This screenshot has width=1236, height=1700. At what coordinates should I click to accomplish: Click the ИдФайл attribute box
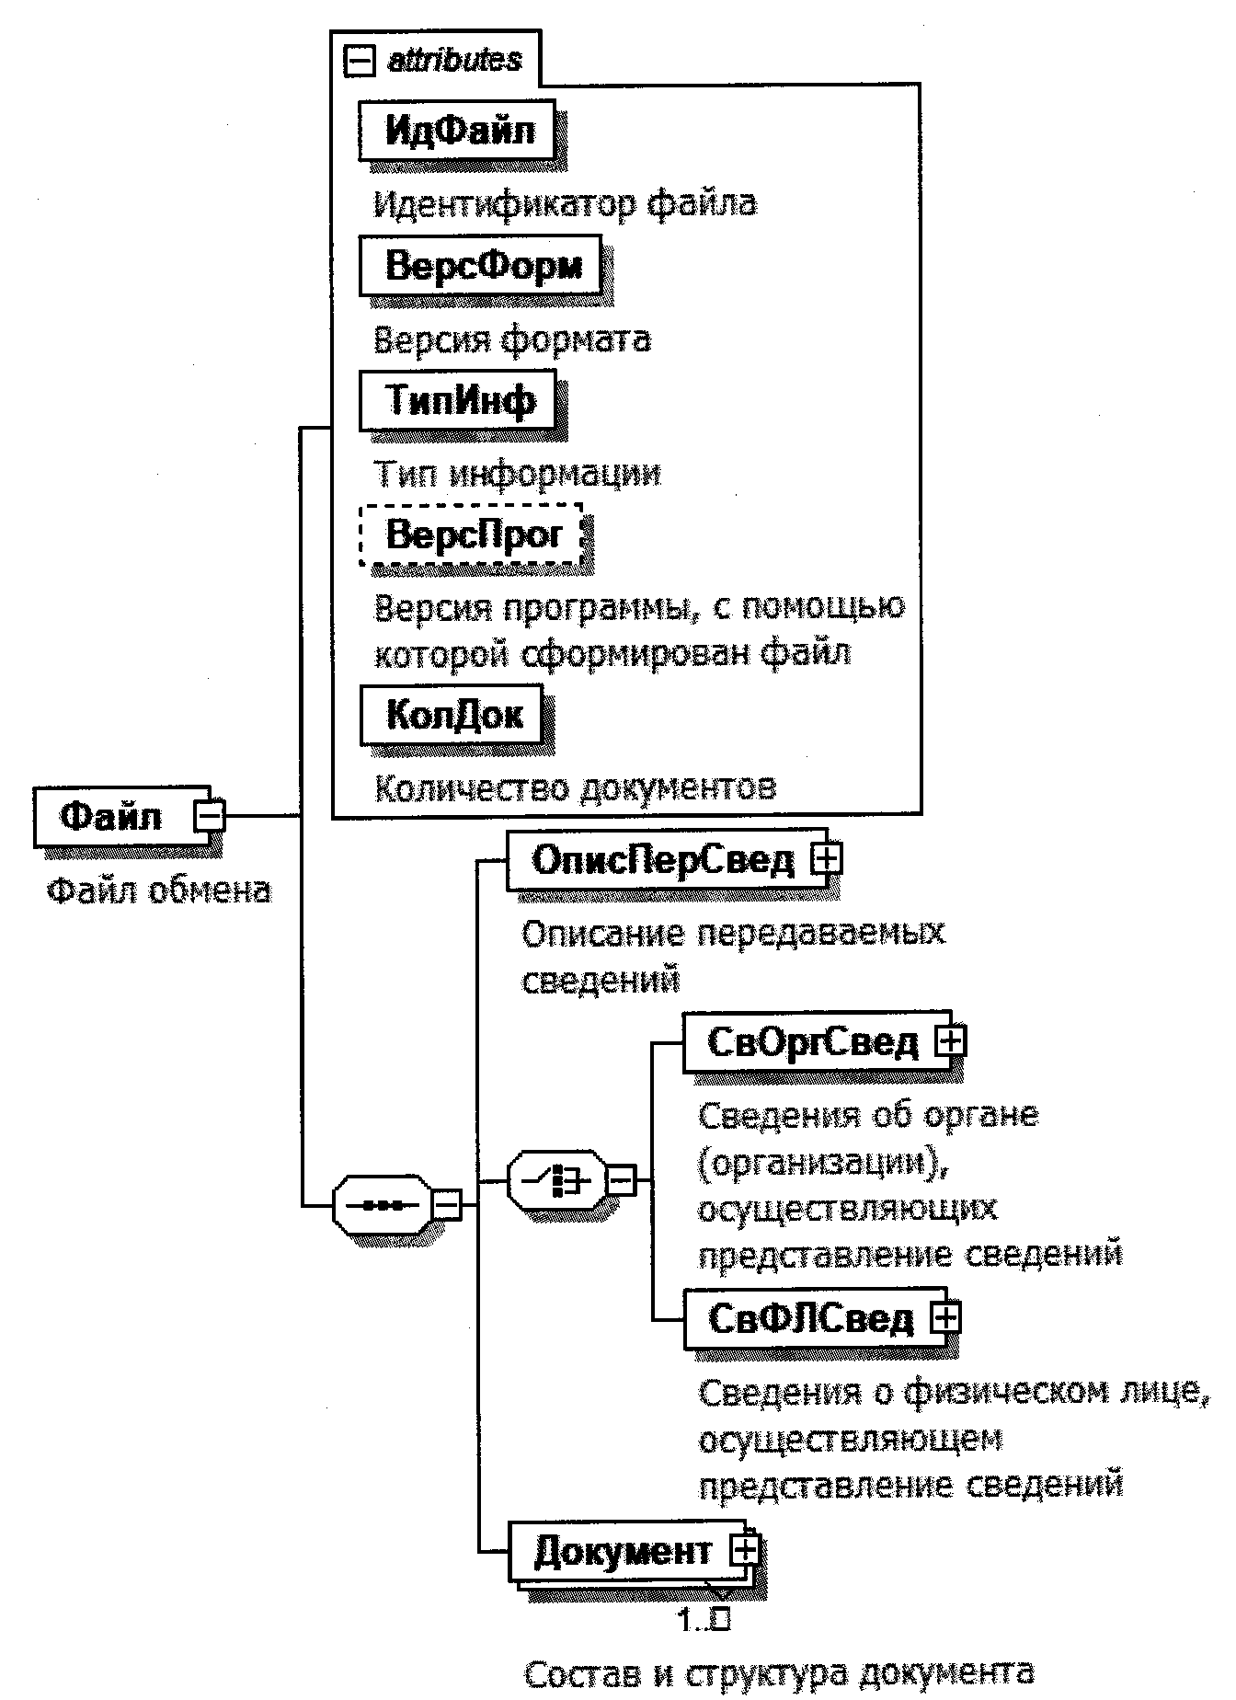457,131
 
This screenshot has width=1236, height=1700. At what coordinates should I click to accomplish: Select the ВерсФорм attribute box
480,266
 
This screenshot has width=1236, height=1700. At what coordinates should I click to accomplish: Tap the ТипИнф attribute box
458,400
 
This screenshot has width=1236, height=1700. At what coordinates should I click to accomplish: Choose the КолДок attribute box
453,714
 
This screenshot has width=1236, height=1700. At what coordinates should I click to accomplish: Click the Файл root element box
111,816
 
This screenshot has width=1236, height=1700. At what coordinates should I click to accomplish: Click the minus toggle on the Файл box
210,816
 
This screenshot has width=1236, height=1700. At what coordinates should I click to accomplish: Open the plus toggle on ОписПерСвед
826,860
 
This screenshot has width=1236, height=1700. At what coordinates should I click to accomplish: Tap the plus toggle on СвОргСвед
950,1041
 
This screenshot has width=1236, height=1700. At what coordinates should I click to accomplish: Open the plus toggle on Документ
744,1551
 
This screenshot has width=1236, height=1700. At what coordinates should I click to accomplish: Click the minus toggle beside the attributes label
359,62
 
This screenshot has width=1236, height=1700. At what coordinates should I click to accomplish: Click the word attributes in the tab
454,61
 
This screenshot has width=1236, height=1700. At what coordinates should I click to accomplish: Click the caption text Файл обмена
159,890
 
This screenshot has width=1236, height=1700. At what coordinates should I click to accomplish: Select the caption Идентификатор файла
565,203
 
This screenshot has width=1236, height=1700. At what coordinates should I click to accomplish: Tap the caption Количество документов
576,787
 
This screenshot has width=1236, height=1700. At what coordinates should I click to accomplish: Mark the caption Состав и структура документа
779,1672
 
